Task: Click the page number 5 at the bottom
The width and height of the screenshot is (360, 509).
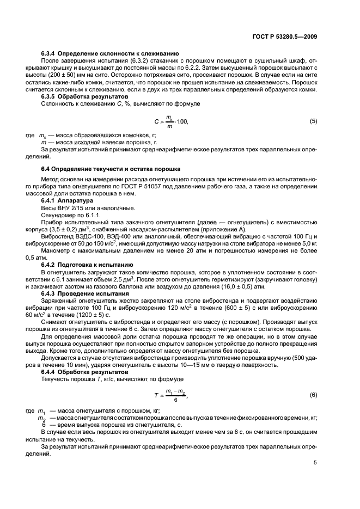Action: pyautogui.click(x=315, y=463)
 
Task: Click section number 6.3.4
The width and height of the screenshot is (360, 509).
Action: pyautogui.click(x=51, y=54)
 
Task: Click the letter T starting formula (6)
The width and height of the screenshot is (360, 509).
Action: pyautogui.click(x=156, y=395)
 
